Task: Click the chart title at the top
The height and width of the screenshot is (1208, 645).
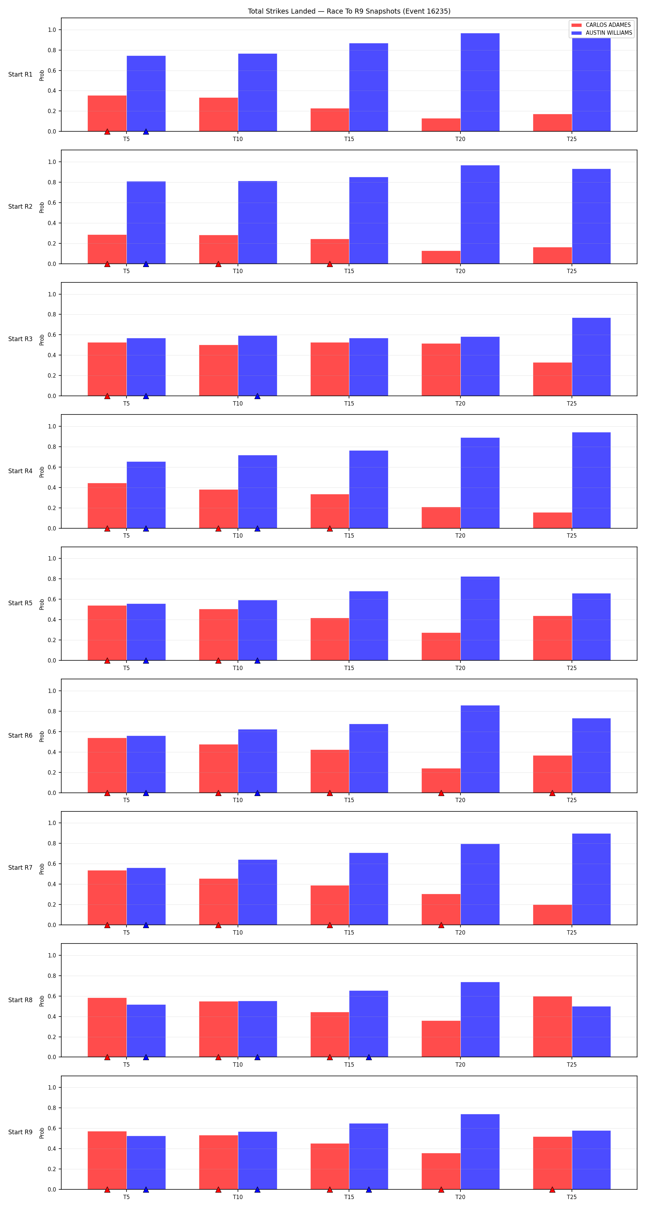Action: click(x=349, y=11)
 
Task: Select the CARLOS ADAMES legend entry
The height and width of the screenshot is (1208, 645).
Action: click(x=601, y=25)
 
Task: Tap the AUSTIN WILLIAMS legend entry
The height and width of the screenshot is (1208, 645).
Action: click(x=602, y=33)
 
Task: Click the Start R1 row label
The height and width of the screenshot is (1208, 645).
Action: click(x=20, y=74)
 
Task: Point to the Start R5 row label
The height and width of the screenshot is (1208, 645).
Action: click(x=20, y=603)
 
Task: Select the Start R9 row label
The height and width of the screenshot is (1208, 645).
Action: click(x=20, y=1132)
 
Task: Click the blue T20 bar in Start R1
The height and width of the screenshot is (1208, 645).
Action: click(x=480, y=82)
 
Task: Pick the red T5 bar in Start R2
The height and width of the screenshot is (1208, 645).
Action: click(x=107, y=249)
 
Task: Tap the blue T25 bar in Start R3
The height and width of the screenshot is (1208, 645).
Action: click(x=591, y=357)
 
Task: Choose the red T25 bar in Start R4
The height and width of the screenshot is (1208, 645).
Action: click(x=552, y=520)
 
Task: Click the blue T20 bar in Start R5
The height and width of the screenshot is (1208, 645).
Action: click(x=480, y=618)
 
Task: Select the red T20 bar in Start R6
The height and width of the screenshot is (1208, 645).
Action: click(x=441, y=780)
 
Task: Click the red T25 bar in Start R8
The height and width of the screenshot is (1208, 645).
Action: click(x=552, y=1027)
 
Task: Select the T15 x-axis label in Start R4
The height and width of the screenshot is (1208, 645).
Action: click(x=349, y=535)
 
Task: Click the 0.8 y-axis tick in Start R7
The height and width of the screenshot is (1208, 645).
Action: click(x=52, y=844)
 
